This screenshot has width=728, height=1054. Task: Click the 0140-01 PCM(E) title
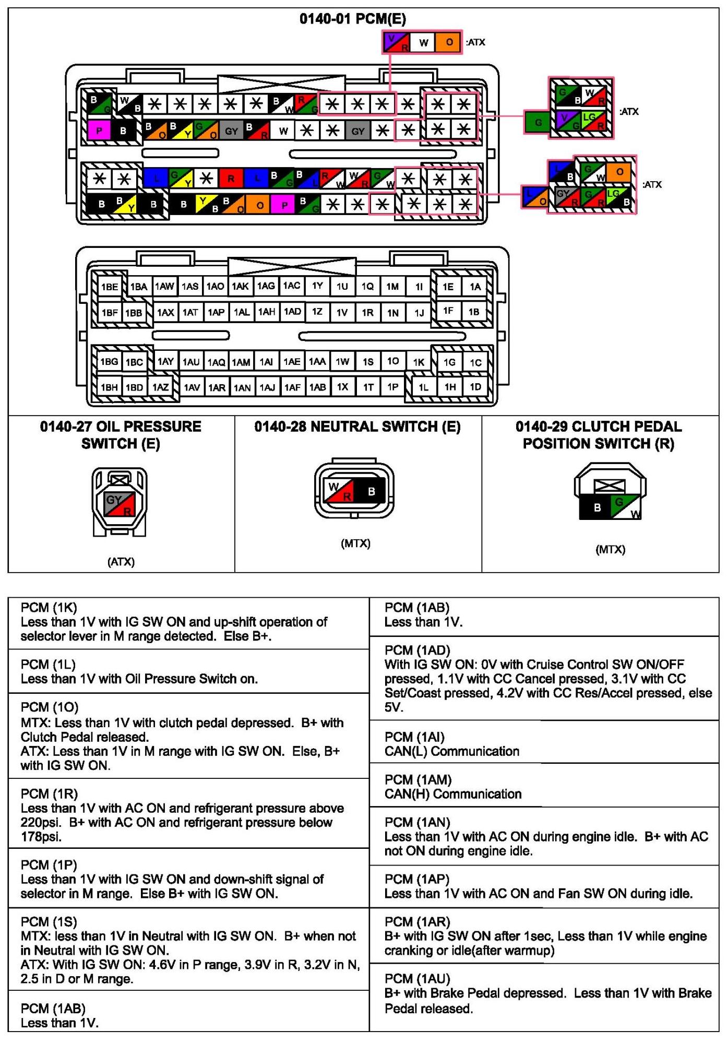(353, 19)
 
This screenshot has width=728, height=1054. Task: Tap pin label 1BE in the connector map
(110, 287)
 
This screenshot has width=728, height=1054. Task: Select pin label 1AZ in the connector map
(160, 387)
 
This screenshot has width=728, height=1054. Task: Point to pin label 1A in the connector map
(475, 287)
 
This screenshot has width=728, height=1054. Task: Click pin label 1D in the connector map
(475, 387)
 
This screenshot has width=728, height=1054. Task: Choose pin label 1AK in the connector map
(240, 287)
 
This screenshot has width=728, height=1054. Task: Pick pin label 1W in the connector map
(342, 361)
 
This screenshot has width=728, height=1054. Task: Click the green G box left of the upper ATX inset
(538, 123)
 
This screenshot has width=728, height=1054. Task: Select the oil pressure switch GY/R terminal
(120, 504)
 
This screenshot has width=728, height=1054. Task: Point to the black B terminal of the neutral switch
(372, 491)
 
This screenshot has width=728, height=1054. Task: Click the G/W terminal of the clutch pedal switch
(625, 507)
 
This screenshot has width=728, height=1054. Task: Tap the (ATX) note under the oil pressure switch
(121, 562)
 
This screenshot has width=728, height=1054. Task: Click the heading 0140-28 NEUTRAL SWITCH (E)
(357, 427)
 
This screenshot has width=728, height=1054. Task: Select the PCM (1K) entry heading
(49, 608)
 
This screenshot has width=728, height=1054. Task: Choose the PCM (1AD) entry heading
(417, 650)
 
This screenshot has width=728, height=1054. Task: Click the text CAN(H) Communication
(453, 794)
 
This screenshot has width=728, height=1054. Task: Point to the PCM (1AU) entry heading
(417, 979)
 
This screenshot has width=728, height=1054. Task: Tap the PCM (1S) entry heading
(49, 922)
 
